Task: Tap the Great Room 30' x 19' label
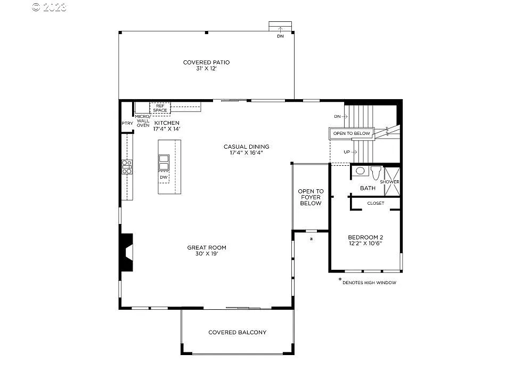(x=206, y=251)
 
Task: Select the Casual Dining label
(x=246, y=149)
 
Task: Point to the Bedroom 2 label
(x=365, y=240)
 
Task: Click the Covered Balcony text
(x=237, y=333)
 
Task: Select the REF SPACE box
(x=160, y=108)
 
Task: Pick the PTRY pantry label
(x=127, y=124)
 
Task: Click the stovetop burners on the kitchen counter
(x=127, y=167)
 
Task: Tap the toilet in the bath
(x=376, y=172)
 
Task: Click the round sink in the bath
(x=360, y=171)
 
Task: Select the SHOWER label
(x=389, y=182)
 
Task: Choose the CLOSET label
(x=376, y=203)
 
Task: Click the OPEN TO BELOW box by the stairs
(x=352, y=133)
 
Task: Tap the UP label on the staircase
(x=347, y=152)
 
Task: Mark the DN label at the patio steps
(x=280, y=36)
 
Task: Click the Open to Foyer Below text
(x=311, y=197)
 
